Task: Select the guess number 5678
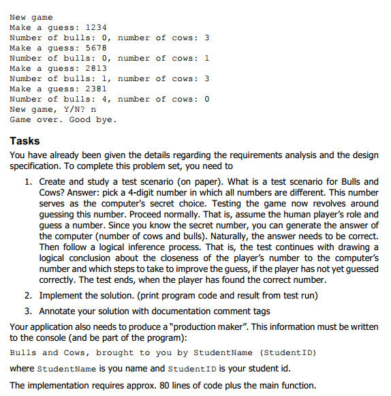coord(95,48)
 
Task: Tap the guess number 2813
coord(95,68)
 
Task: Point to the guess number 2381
coord(95,89)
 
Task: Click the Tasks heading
coord(25,141)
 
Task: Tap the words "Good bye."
coord(93,119)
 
